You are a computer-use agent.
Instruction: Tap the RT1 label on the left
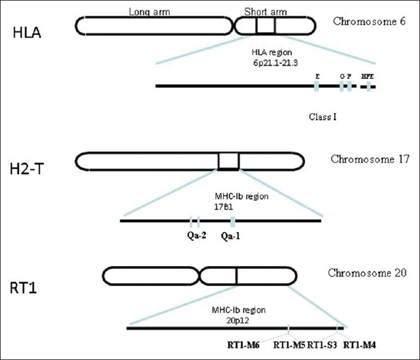(25, 287)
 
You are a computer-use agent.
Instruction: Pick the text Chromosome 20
(367, 272)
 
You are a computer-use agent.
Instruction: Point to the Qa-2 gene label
(196, 235)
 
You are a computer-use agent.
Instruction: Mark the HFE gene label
(367, 76)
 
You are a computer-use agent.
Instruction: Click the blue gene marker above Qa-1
(233, 221)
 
